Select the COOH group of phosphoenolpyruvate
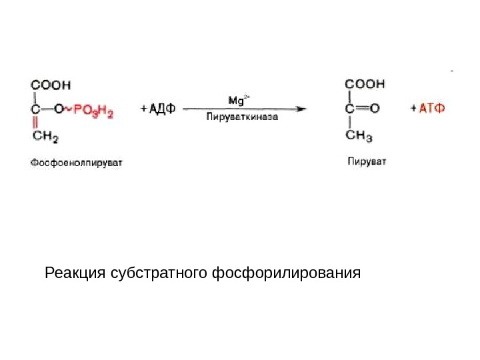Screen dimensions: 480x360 coord(51,85)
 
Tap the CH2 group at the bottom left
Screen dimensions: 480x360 coord(45,137)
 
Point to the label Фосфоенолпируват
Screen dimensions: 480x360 coord(77,161)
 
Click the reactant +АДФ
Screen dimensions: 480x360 coord(158,109)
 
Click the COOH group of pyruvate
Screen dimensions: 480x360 coord(365,85)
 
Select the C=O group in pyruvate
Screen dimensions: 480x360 coord(363,107)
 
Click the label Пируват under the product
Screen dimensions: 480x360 coord(367,161)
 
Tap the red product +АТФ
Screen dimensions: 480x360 coord(428,107)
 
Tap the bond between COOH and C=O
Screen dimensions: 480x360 coord(349,96)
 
